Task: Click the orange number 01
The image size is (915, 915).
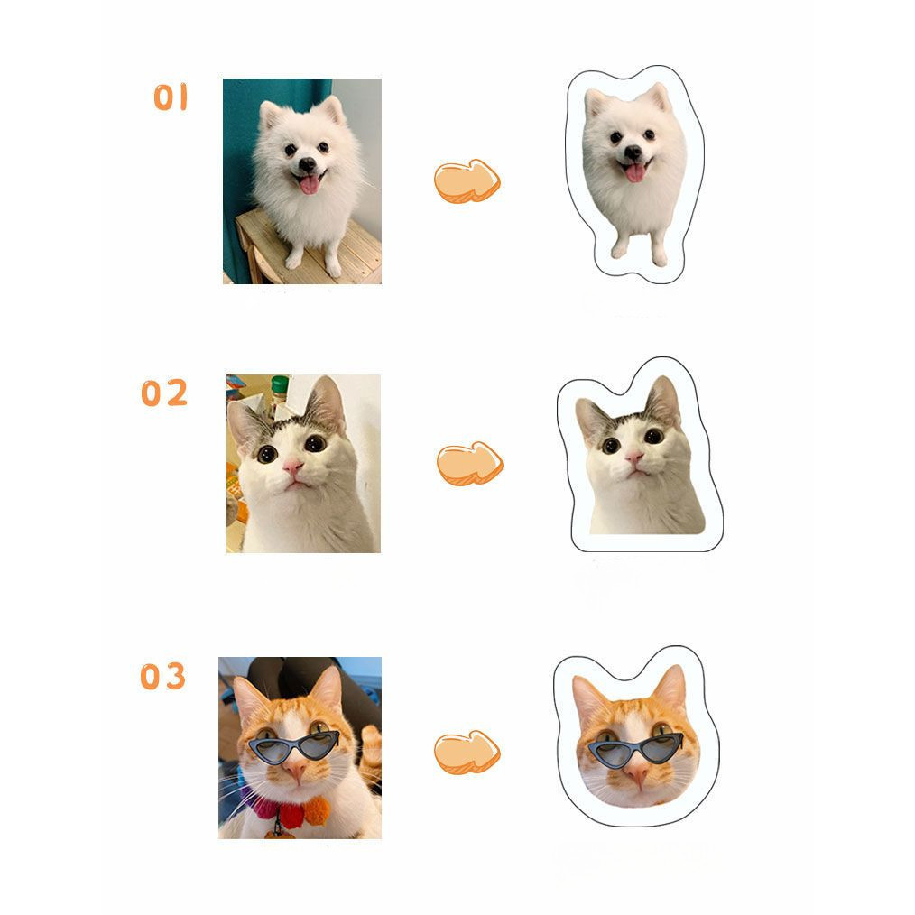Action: pyautogui.click(x=171, y=97)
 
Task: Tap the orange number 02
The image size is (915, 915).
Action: pyautogui.click(x=164, y=393)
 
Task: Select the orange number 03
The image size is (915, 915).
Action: pyautogui.click(x=162, y=676)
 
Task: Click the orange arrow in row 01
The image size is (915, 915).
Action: pyautogui.click(x=467, y=180)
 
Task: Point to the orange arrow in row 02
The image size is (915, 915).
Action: pyautogui.click(x=470, y=463)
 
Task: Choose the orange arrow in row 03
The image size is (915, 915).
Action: pyautogui.click(x=467, y=752)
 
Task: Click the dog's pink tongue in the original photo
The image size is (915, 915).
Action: pyautogui.click(x=310, y=184)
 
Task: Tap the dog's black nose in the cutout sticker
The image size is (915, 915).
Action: pyautogui.click(x=633, y=152)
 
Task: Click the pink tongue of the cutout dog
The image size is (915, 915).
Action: pyautogui.click(x=635, y=172)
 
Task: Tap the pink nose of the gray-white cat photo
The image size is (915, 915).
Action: pyautogui.click(x=293, y=466)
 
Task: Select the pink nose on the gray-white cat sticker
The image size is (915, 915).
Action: pyautogui.click(x=633, y=457)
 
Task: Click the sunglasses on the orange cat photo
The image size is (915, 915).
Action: pyautogui.click(x=293, y=747)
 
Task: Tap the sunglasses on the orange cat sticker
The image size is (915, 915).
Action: pyautogui.click(x=635, y=751)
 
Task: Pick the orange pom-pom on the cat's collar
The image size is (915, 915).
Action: pyautogui.click(x=316, y=811)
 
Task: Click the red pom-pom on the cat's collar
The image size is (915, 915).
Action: pyautogui.click(x=291, y=816)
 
